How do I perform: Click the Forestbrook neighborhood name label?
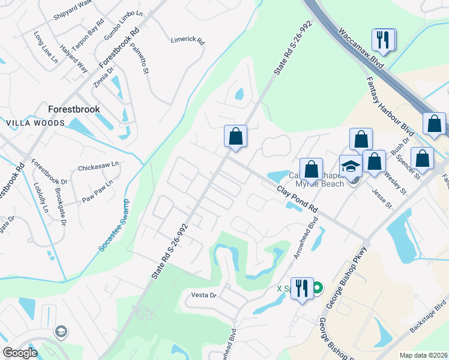74,109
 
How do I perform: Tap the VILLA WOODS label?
35,123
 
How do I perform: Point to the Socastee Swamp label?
112,226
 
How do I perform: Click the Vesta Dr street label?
203,295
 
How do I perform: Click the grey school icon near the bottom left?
60,331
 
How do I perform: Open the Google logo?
20,353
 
